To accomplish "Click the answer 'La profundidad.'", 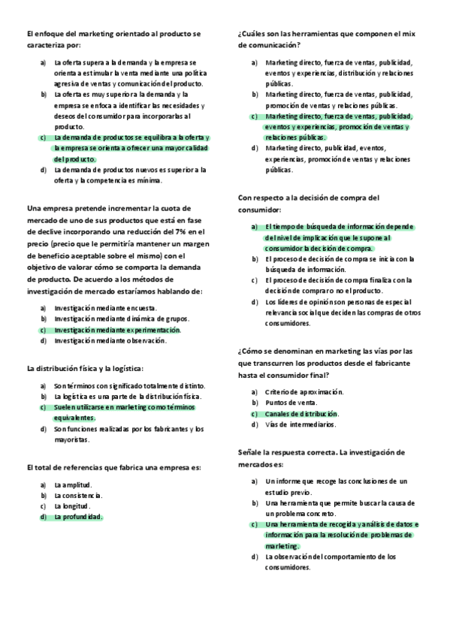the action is point(78,517).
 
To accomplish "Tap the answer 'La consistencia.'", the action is point(78,495).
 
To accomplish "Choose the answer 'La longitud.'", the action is point(73,506).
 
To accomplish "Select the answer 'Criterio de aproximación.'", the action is point(304,392).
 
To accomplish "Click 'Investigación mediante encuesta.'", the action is point(106,308).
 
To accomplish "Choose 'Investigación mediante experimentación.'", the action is point(117,330).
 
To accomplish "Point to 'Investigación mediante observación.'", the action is point(110,340).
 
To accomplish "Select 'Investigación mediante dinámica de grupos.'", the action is point(121,319).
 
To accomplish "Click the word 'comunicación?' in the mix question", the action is point(264,45).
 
